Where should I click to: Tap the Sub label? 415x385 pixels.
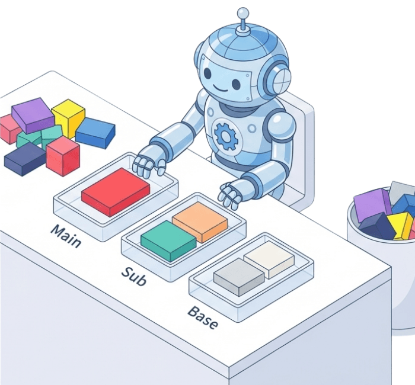coord(133,276)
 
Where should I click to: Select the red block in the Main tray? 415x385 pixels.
coord(115,191)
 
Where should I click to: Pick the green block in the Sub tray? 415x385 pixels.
coord(168,240)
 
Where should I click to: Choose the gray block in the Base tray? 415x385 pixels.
coord(238,276)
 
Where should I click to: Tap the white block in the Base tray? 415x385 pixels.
coord(269,258)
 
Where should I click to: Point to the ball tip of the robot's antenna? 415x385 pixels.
coord(242,13)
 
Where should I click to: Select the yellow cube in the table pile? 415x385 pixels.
coord(68,117)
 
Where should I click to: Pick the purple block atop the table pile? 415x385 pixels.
coord(33,114)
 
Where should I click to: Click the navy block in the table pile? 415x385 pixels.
coord(25,158)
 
